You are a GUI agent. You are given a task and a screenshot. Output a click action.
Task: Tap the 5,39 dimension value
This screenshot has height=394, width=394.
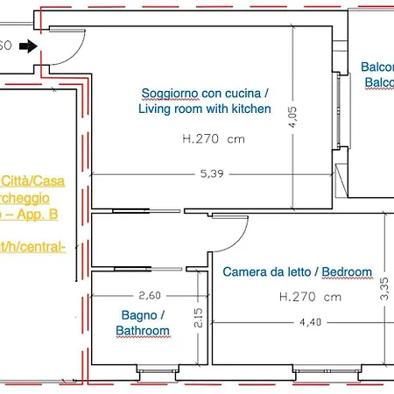pyautogui.click(x=211, y=174)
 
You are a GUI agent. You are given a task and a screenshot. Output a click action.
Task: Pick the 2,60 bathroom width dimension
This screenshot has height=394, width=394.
pyautogui.click(x=137, y=296)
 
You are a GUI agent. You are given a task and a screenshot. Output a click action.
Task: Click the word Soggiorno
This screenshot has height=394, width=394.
pyautogui.click(x=169, y=93)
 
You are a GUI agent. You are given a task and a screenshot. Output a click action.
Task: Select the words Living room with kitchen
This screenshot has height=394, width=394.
pyautogui.click(x=205, y=109)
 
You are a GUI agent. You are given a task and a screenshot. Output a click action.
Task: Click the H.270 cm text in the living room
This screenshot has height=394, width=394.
pyautogui.click(x=214, y=138)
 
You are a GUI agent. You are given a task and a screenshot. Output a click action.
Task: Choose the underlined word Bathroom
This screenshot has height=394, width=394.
pyautogui.click(x=142, y=330)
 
